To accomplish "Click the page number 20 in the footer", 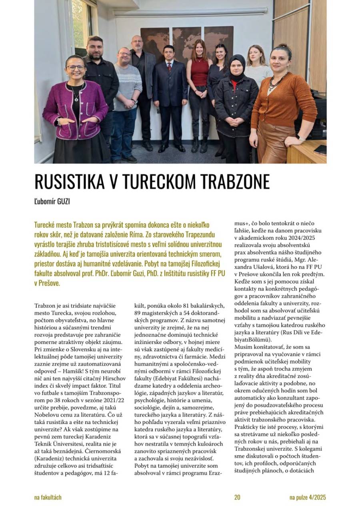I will click(x=237, y=497).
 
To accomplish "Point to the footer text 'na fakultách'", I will click(x=48, y=497).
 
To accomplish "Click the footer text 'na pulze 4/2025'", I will click(x=308, y=497).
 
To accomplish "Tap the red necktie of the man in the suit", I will click(x=170, y=66).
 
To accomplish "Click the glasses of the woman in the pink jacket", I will click(x=76, y=67).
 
